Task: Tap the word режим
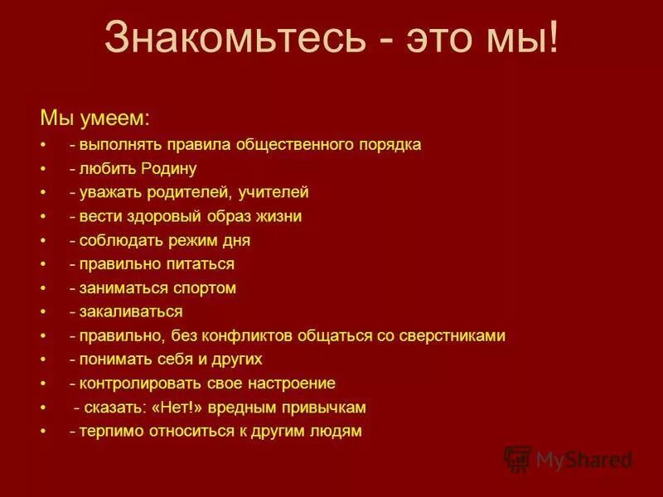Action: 169,241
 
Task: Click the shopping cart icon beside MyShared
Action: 517,458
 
